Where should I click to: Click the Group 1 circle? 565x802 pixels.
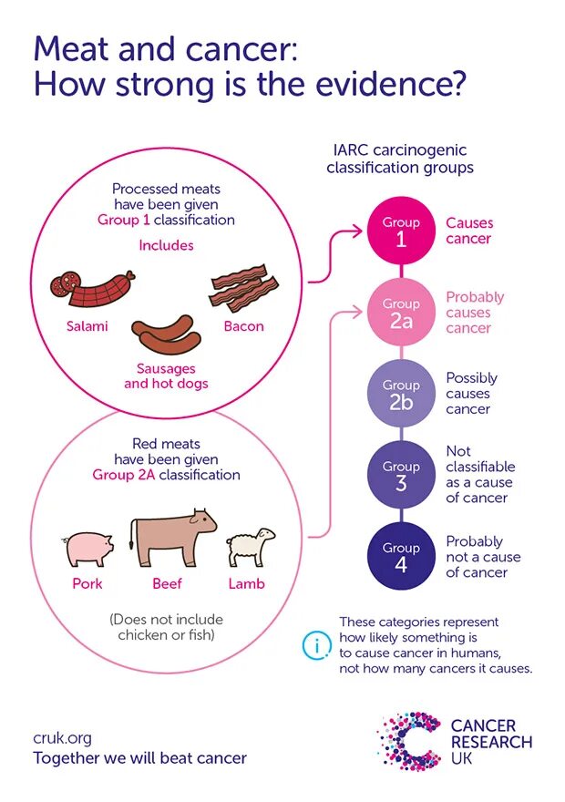pos(401,231)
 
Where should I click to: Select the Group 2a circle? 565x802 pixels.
pos(401,313)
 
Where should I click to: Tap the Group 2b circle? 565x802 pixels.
pos(401,394)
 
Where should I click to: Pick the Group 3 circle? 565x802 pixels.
pos(401,475)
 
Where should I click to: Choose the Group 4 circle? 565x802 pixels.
pos(401,556)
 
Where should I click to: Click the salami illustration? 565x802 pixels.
pos(91,290)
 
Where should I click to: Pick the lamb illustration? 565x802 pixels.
pos(250,547)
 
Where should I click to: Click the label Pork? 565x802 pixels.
pos(87,584)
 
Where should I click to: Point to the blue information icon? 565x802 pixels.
pos(315,645)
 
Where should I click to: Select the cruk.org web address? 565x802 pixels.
pos(63,738)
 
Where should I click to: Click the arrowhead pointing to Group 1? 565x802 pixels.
pos(359,231)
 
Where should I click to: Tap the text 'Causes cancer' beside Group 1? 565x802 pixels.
pos(468,231)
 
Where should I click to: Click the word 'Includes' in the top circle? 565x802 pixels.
pos(166,245)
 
